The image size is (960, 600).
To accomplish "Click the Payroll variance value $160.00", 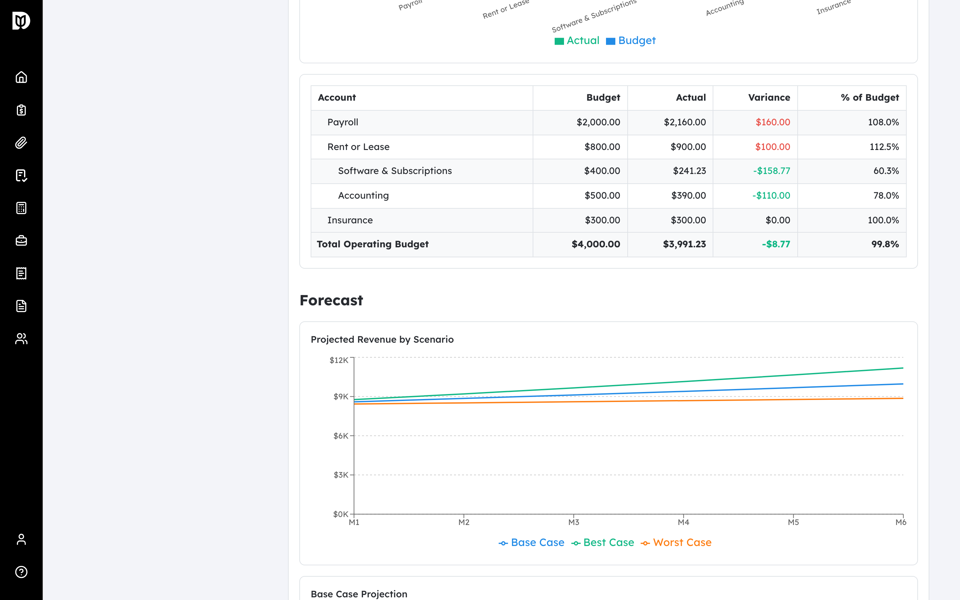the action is pyautogui.click(x=772, y=122).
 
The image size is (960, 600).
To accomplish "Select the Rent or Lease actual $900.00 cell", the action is pyautogui.click(x=688, y=147).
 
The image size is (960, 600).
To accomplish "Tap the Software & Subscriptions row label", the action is pyautogui.click(x=395, y=171).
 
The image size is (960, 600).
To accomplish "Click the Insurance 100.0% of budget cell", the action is pyautogui.click(x=883, y=220).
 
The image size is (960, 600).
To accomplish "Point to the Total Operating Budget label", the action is pyautogui.click(x=372, y=244).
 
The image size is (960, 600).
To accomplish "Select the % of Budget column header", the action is pyautogui.click(x=870, y=98).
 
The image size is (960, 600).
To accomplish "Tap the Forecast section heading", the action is pyautogui.click(x=331, y=300).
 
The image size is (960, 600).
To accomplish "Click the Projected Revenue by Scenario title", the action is pyautogui.click(x=382, y=340).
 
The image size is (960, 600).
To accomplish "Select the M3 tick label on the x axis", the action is pyautogui.click(x=574, y=522).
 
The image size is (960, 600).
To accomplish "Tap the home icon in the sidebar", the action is pyautogui.click(x=21, y=77).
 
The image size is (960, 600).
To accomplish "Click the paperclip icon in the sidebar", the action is pyautogui.click(x=21, y=142).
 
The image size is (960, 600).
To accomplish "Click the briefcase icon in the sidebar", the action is pyautogui.click(x=21, y=240).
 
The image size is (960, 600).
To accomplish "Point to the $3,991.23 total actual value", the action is pyautogui.click(x=684, y=244).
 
